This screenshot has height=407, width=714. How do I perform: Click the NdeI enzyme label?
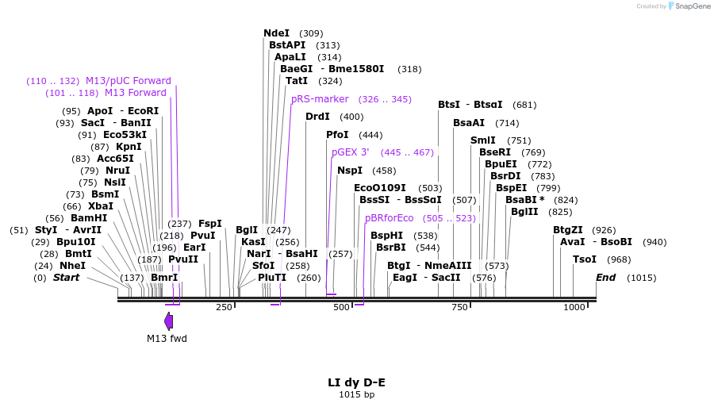click(277, 33)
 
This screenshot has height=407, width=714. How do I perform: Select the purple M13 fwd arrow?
click(168, 321)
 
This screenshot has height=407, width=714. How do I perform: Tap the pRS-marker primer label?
click(320, 99)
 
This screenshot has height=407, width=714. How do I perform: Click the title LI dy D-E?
click(356, 382)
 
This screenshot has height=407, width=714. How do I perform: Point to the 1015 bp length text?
click(356, 394)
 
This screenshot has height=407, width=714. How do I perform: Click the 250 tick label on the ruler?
click(224, 307)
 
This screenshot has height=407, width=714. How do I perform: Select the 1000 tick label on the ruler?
click(574, 307)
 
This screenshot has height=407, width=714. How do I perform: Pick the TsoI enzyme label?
click(585, 259)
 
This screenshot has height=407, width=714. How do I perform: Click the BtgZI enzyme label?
click(569, 230)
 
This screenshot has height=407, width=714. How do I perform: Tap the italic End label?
click(605, 278)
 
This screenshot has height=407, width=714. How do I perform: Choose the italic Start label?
click(66, 278)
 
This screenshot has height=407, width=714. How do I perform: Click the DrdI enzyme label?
click(317, 117)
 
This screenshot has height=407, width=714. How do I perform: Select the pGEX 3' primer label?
click(351, 152)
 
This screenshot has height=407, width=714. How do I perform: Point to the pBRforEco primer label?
click(390, 218)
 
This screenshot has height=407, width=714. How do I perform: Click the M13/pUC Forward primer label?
click(129, 81)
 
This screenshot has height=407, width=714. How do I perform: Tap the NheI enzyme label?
click(72, 266)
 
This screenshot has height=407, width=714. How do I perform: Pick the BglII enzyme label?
click(524, 212)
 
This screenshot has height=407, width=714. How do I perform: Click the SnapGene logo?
click(687, 6)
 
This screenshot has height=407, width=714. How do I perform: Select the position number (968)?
click(619, 259)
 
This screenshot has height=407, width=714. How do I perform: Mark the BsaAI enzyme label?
click(469, 123)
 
